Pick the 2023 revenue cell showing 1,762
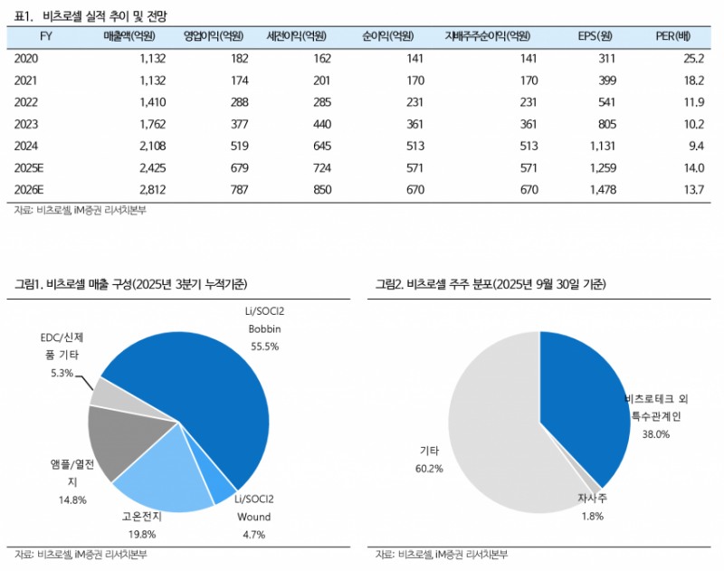click(x=130, y=124)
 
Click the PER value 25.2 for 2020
click(x=693, y=58)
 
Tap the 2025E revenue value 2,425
click(x=130, y=167)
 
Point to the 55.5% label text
click(x=264, y=346)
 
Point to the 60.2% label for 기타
click(x=430, y=469)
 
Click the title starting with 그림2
click(x=490, y=284)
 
